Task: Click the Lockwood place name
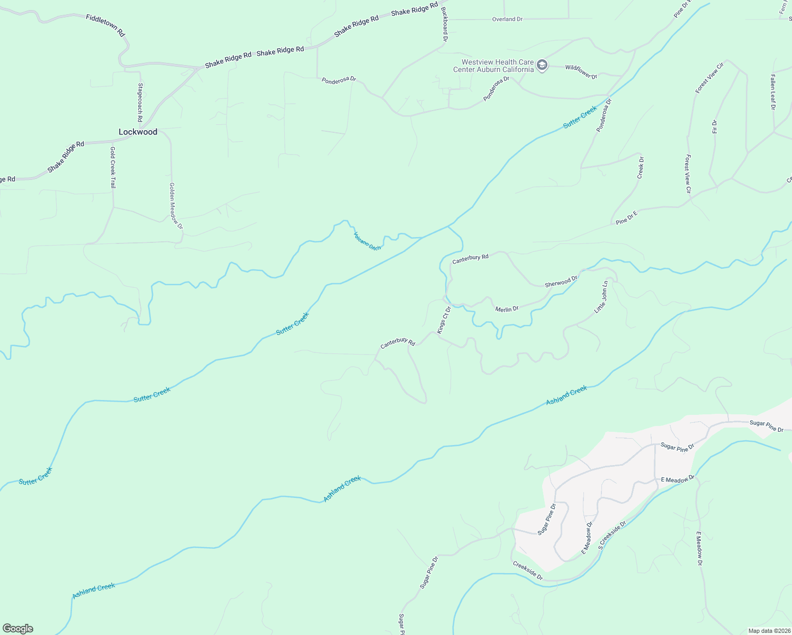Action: [138, 132]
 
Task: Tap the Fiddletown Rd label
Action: [106, 25]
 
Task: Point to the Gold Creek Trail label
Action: [113, 168]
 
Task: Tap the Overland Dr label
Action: [507, 19]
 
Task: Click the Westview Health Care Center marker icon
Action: [542, 66]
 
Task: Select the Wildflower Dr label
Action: [581, 72]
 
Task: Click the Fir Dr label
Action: [715, 126]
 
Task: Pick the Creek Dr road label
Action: [641, 167]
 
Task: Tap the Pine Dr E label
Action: [627, 217]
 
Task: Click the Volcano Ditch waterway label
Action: [367, 241]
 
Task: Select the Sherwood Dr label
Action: [561, 281]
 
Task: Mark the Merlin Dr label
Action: [507, 309]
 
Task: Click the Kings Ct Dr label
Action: [444, 320]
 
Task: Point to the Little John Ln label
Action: [601, 297]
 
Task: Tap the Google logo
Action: [17, 629]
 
